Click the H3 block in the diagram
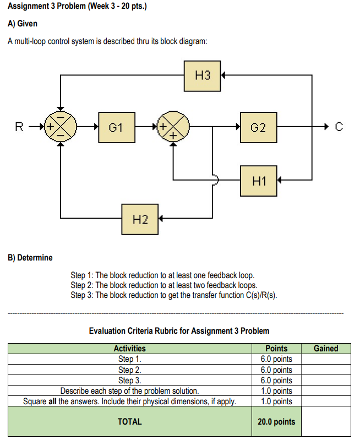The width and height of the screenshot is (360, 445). [x=203, y=75]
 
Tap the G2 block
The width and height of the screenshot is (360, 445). [x=258, y=128]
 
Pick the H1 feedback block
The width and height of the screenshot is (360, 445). [x=258, y=180]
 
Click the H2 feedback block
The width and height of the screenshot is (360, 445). [x=140, y=219]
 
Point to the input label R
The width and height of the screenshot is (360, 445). [x=19, y=128]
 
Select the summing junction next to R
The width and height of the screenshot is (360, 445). [x=61, y=128]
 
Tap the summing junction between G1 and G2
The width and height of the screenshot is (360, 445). [x=173, y=128]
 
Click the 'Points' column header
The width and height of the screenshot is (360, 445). [x=276, y=348]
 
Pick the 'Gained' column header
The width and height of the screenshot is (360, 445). [x=326, y=348]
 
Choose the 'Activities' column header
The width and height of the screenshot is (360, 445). [x=129, y=348]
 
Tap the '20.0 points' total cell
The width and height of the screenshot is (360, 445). [x=276, y=421]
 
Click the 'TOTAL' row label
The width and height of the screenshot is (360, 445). [x=129, y=421]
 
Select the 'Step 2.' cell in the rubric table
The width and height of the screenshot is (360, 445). [x=129, y=370]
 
